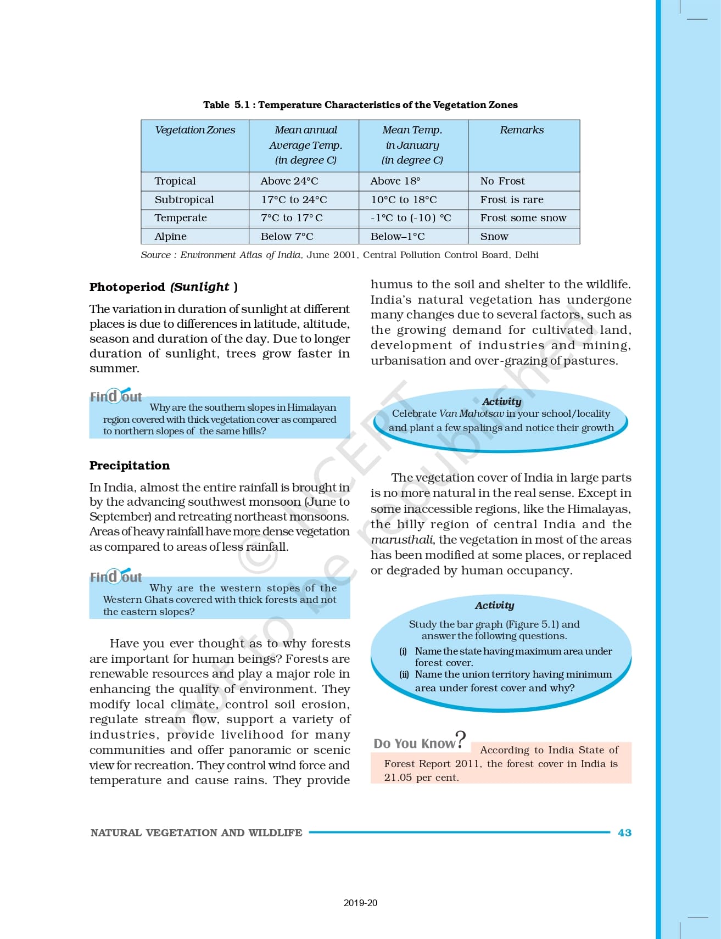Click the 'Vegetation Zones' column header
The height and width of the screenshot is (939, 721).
coord(195,130)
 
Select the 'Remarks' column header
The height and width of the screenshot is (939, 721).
coord(522,130)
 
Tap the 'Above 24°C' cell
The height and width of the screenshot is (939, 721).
coord(289,181)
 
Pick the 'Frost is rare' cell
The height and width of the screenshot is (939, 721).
coord(512,200)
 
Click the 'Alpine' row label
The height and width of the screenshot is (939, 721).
coord(170,237)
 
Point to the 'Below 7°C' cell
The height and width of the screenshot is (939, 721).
coord(287,237)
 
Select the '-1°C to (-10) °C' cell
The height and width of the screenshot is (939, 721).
coord(411,218)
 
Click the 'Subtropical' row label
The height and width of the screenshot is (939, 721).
coord(184,200)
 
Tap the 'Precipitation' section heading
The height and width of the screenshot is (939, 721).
coord(130,466)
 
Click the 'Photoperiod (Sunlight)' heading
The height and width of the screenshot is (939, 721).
coord(163,287)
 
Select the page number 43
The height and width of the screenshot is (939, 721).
coord(624,833)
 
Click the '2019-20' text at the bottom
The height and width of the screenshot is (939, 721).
coord(360,903)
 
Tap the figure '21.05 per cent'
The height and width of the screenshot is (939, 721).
coord(421,778)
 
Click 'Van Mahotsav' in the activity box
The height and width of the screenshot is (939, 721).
coord(471,413)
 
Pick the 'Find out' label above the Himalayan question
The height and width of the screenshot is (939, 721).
coord(116,396)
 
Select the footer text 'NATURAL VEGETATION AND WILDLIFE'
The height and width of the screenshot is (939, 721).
coord(196,833)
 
